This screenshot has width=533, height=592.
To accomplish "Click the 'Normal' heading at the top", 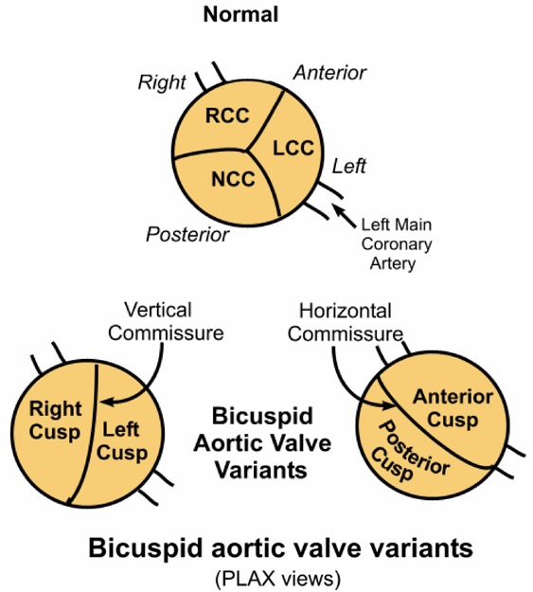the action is [240, 15].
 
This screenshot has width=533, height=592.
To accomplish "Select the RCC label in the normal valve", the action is [227, 116].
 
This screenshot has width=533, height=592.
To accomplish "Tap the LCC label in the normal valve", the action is [293, 148].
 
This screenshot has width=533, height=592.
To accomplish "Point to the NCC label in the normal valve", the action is [233, 179].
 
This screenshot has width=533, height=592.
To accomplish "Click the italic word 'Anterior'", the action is [329, 73].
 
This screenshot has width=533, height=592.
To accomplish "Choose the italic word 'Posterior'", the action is [187, 235].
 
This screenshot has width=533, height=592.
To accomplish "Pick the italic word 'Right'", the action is [162, 82].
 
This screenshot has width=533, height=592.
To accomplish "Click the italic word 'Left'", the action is [349, 166].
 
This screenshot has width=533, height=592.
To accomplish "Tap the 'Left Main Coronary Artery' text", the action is [397, 243].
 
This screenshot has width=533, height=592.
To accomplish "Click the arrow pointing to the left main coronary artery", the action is [344, 216].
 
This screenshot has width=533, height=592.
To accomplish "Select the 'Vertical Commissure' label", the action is [166, 322].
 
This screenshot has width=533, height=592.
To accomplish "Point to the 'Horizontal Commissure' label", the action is [346, 323].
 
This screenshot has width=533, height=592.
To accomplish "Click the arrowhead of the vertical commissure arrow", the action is [108, 402].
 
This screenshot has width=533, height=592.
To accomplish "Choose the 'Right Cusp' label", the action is [55, 421].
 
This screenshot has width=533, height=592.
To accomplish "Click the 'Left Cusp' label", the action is [121, 441].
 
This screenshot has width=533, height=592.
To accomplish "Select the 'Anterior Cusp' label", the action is [453, 409].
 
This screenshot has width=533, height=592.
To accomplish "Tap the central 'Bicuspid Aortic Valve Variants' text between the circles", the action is [262, 443].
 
